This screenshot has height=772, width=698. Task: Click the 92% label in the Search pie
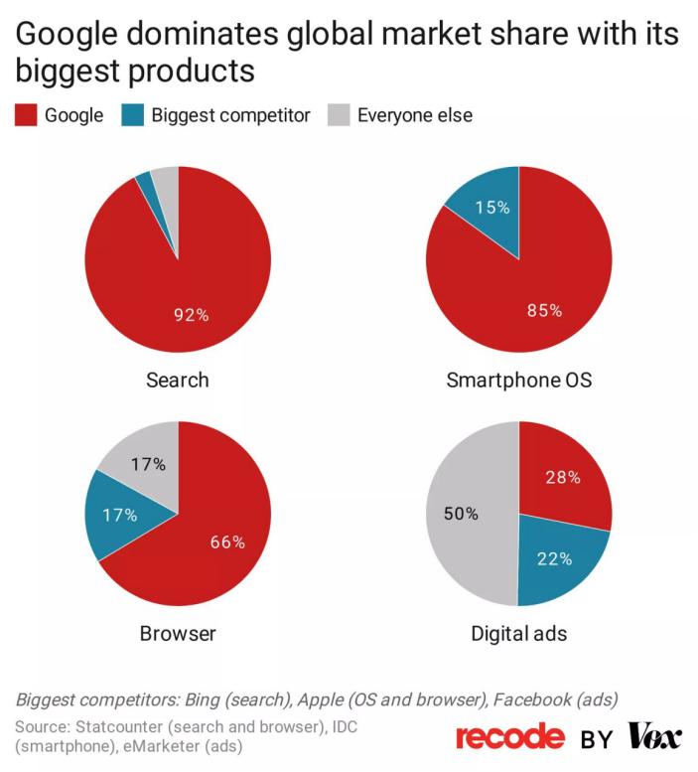pos(192,315)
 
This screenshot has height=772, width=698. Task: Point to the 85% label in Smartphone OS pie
pos(543,310)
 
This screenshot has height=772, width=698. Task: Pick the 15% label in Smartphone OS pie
pos(491,208)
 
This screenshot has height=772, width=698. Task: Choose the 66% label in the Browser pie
pos(226,541)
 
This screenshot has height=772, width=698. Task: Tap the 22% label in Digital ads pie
pos(554,558)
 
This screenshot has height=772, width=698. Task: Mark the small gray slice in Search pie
pos(165,180)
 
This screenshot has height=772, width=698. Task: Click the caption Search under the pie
pos(178,380)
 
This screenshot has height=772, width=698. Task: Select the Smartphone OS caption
pos(518,380)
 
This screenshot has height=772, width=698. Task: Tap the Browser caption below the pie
pos(178,633)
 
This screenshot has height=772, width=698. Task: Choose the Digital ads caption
pos(518,633)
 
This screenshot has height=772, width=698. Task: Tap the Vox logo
pos(654,736)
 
